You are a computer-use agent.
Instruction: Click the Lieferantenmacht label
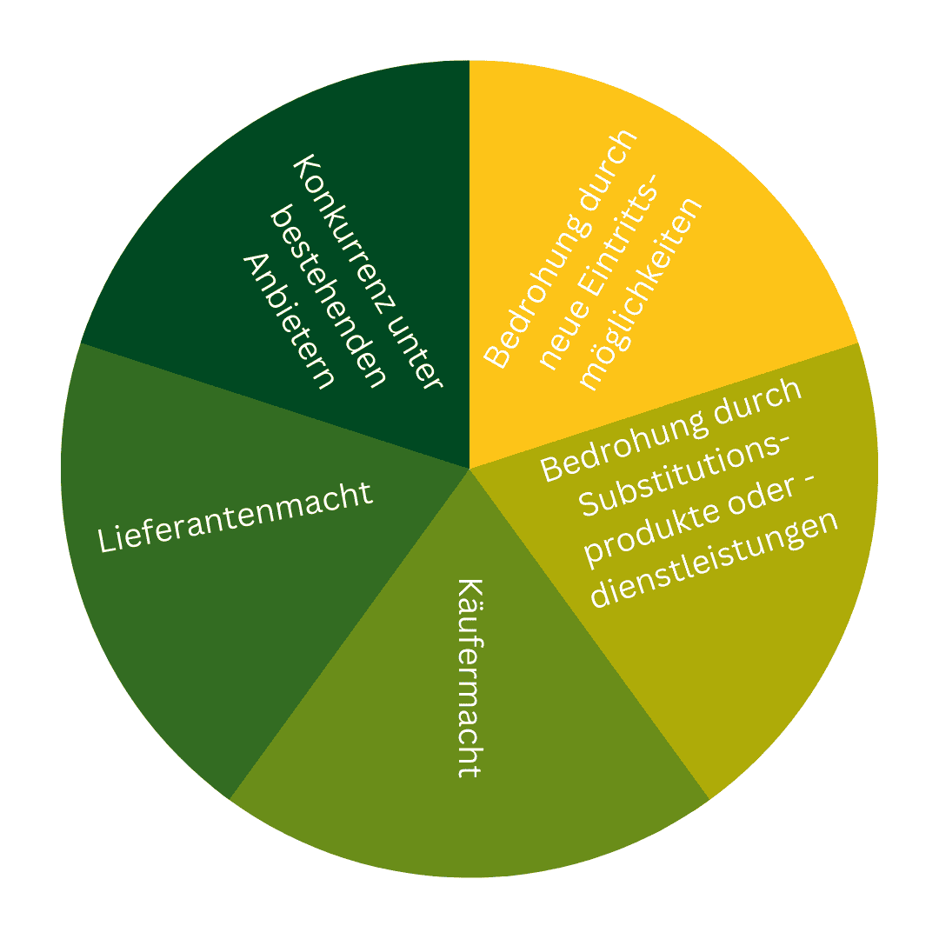[236, 517]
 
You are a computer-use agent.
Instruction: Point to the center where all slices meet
[469, 469]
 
